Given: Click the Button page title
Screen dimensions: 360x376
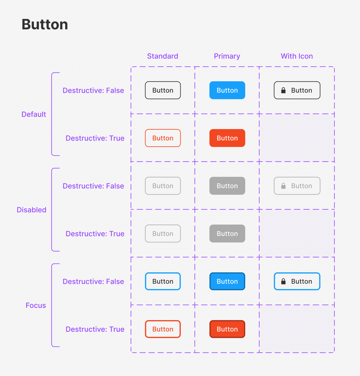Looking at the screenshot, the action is (x=45, y=24).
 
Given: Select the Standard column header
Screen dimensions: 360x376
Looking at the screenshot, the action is (x=162, y=56).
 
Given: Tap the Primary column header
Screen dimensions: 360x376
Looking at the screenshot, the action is (x=227, y=56).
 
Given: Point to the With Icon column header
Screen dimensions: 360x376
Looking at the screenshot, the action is (x=297, y=56).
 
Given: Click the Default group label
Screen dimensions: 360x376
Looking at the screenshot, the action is (x=34, y=114).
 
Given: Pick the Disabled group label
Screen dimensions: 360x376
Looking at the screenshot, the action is (x=31, y=210).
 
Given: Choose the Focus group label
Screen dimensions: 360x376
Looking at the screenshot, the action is (x=36, y=305).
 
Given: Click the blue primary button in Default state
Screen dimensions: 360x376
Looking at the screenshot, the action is (x=227, y=90).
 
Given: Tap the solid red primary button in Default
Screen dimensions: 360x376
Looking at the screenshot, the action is (x=227, y=138).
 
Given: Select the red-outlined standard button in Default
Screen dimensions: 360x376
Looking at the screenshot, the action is (x=163, y=138).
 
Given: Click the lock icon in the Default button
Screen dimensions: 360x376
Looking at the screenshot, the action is (x=283, y=90).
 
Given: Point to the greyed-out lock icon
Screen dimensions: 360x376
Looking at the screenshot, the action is (x=283, y=186).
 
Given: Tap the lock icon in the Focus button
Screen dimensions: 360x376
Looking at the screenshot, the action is (x=283, y=281).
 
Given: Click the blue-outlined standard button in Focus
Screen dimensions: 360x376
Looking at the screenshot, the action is (x=163, y=281).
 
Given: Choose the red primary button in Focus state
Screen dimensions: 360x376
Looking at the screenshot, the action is (x=227, y=329).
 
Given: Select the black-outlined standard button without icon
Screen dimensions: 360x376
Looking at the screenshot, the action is (x=163, y=90).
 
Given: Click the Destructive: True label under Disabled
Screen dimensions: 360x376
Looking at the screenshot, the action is (x=95, y=234).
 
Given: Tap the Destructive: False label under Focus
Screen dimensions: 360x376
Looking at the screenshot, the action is (x=93, y=281).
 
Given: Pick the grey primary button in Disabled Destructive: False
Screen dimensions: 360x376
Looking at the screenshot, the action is (x=227, y=186).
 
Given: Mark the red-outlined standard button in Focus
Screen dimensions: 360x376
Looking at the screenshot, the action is (x=163, y=329).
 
